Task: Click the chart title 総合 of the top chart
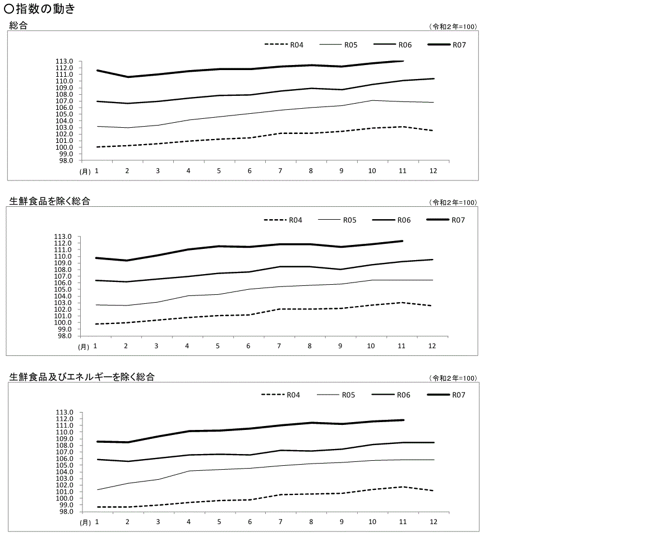[19, 26]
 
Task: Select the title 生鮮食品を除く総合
[49, 201]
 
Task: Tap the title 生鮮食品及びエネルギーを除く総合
[82, 377]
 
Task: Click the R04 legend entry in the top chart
[297, 45]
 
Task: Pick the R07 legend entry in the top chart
[459, 45]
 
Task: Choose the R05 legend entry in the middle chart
[349, 220]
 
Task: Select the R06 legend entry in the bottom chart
[403, 395]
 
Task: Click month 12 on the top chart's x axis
[433, 171]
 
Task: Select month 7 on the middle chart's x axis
[279, 346]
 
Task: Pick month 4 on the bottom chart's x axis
[188, 521]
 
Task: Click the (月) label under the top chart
[84, 172]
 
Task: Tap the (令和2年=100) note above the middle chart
[453, 202]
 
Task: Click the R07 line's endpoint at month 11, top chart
[403, 61]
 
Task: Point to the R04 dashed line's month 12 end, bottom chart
[433, 490]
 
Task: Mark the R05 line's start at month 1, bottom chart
[98, 490]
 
